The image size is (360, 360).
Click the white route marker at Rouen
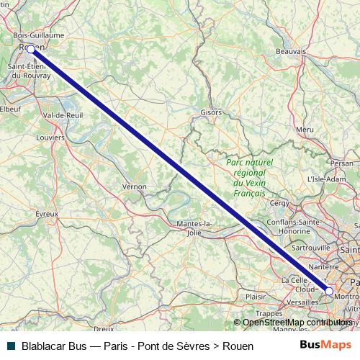pos(31,49)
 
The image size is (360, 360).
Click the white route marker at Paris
pos(329,291)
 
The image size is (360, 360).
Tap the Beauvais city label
pos(292,52)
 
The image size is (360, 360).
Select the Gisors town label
pos(211,113)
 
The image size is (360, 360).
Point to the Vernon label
pos(135,186)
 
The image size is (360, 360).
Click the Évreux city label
pos(46,213)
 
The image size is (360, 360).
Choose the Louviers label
pos(50,138)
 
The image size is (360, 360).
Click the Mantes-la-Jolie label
pos(194,228)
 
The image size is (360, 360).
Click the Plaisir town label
pos(256,296)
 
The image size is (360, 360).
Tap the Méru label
pos(305,129)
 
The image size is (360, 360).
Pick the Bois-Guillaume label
pos(38,35)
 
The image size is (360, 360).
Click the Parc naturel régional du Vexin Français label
pos(246,178)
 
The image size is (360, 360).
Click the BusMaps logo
pos(325,346)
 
